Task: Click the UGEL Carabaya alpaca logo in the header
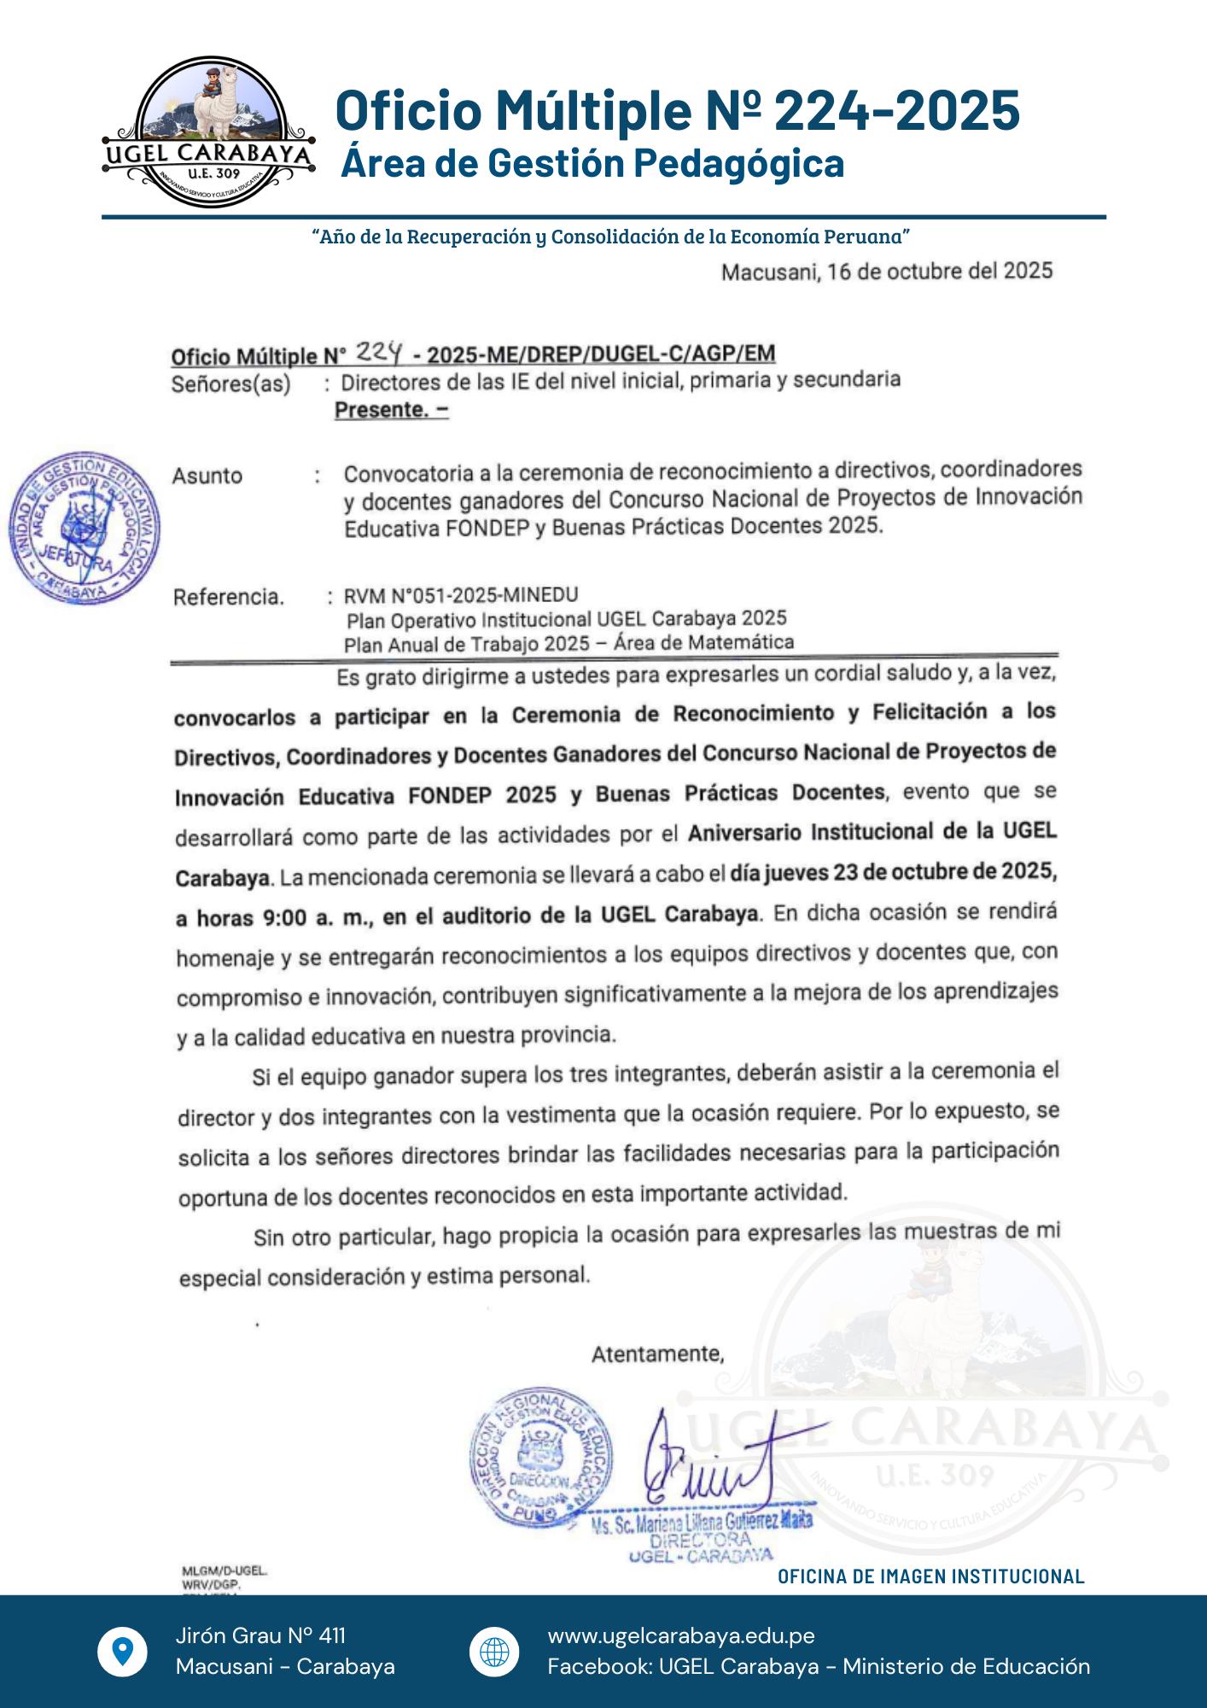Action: (209, 132)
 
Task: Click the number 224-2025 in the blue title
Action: (896, 111)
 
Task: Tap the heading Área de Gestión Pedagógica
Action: (592, 164)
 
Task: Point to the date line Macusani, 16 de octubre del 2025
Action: (887, 272)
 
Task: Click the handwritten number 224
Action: (379, 351)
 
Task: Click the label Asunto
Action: (207, 476)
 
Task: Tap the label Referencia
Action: (228, 597)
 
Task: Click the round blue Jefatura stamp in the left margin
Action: (84, 528)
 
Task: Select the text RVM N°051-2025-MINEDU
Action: (461, 595)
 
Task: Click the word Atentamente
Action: (657, 1354)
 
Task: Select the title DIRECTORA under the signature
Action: (700, 1540)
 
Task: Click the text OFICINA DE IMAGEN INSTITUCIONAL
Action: (930, 1576)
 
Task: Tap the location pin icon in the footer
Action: (123, 1651)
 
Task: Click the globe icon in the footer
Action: (494, 1651)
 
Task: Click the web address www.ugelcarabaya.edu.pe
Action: (681, 1635)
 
